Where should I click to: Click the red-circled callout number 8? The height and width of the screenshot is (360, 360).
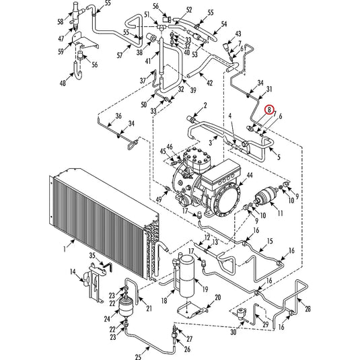point(269,108)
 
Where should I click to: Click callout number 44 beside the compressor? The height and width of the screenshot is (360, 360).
point(249,176)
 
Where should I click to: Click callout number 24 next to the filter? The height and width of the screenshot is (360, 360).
point(107,319)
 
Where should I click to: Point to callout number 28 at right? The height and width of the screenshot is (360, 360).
point(308,309)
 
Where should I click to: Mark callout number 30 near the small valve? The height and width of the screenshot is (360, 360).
point(233,332)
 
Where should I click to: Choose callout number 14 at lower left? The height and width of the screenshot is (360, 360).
point(72,273)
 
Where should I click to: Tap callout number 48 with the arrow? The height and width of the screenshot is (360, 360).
point(63,83)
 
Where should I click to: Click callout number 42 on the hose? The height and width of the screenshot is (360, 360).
point(210,83)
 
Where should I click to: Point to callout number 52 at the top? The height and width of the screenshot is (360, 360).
point(170,9)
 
